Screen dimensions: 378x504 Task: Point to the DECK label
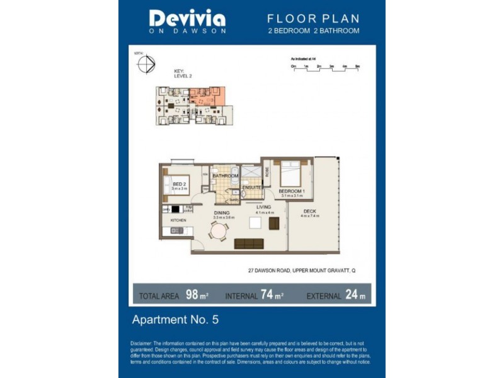tap(309, 211)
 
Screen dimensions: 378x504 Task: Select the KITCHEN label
tap(178, 220)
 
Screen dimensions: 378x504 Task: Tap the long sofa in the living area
tap(249, 244)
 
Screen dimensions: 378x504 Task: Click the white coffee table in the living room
tap(256, 222)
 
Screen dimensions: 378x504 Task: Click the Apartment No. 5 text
tap(175, 319)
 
